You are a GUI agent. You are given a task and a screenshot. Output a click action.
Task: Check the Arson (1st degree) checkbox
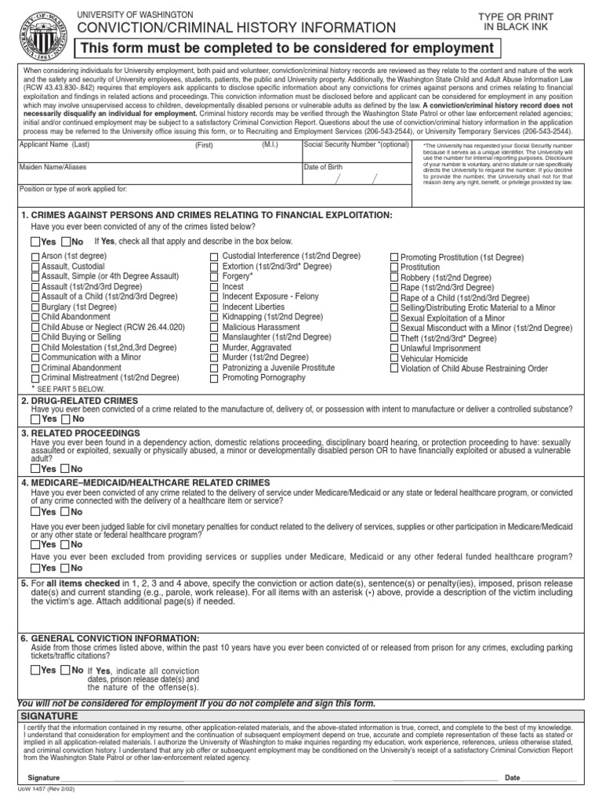point(35,256)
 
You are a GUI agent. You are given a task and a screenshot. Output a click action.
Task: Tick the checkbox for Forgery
point(214,277)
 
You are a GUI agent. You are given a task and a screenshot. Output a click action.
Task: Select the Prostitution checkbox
point(394,267)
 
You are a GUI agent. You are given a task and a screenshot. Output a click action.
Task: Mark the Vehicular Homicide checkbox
point(394,358)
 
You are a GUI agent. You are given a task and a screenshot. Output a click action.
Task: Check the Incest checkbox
point(214,287)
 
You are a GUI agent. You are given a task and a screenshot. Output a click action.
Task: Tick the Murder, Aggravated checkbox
point(214,347)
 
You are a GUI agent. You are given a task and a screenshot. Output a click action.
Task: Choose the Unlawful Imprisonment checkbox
point(394,348)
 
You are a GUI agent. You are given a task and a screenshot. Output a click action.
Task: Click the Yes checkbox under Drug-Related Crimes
point(35,419)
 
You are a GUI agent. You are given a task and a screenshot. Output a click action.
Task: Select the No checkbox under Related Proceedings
point(66,469)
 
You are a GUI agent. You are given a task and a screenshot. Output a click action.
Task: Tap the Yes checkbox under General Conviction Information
point(35,670)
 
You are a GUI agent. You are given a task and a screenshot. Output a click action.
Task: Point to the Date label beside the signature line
point(513,778)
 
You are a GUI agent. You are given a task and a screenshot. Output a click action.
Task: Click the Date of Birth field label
point(323,167)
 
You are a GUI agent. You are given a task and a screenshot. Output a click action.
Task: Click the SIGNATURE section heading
point(49,717)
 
